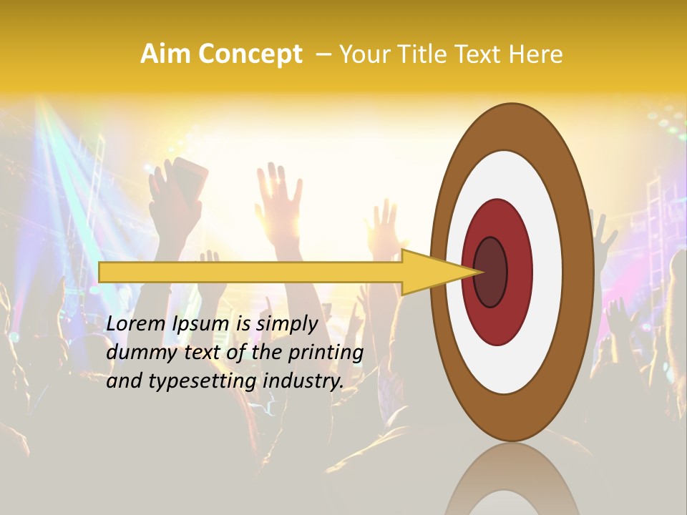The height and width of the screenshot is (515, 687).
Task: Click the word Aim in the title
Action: (166, 54)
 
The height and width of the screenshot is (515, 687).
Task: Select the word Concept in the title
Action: (249, 54)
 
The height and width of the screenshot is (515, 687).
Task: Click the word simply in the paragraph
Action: (286, 324)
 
